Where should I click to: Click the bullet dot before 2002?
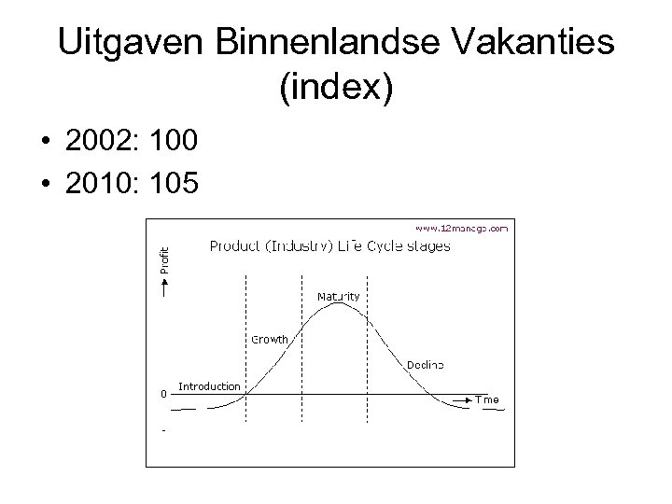click(x=44, y=143)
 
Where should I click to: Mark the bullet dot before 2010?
click(x=44, y=184)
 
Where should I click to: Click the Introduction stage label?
click(x=208, y=385)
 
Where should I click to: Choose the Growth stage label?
click(x=269, y=339)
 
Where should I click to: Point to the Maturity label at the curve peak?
click(x=338, y=296)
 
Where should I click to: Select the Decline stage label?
click(x=425, y=363)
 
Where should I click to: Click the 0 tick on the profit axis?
click(x=163, y=394)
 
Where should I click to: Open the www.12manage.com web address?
click(x=462, y=227)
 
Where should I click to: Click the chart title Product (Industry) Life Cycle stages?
click(x=329, y=246)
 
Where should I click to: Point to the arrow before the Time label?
click(x=463, y=399)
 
